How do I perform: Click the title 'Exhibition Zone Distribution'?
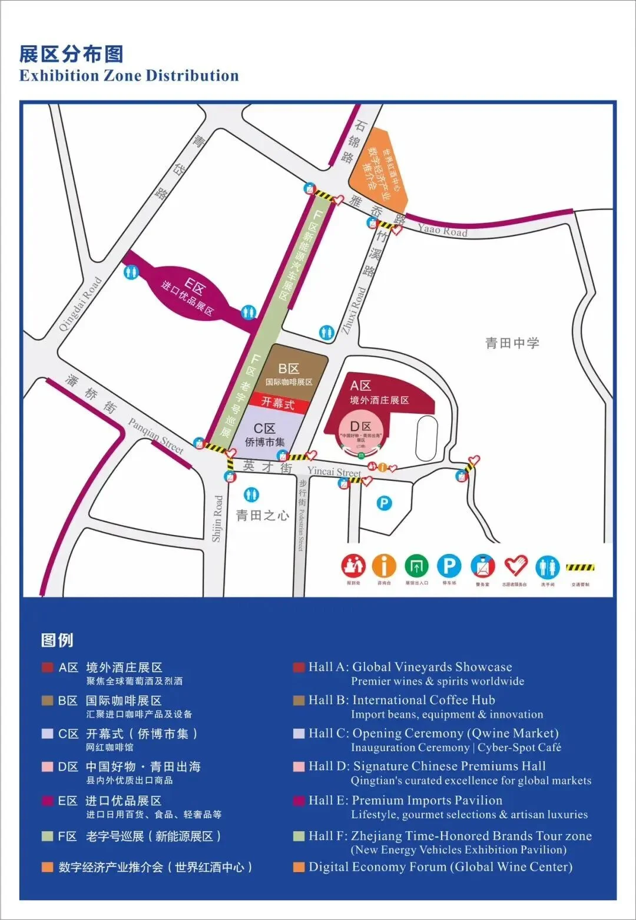(129, 76)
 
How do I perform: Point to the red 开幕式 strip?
(278, 404)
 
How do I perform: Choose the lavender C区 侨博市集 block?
(265, 434)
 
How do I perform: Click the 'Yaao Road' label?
(442, 230)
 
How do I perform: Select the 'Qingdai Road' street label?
(80, 304)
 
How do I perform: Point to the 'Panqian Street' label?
(156, 436)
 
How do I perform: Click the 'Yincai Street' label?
(334, 471)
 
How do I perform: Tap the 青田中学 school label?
(512, 343)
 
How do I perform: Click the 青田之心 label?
(262, 516)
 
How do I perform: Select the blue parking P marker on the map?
(384, 503)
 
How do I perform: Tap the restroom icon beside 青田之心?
(251, 494)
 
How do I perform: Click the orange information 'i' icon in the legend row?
(384, 566)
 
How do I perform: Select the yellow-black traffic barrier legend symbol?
(580, 568)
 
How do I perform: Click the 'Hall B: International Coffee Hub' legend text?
(402, 700)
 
